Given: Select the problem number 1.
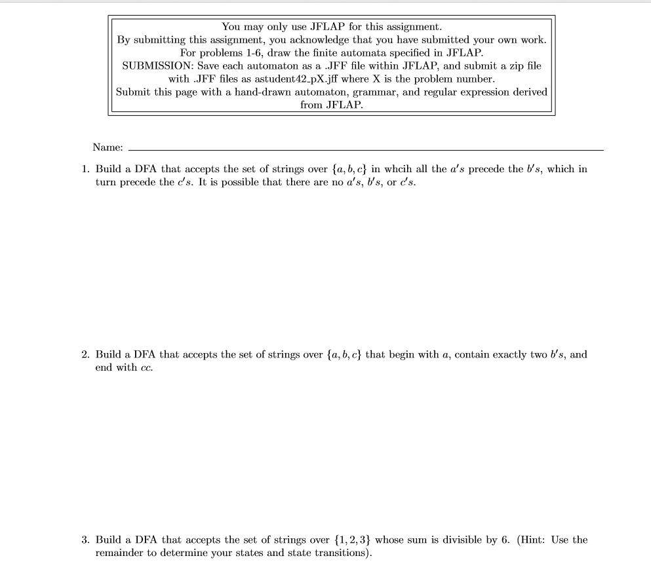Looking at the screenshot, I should point(85,169).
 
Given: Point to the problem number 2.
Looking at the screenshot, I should point(85,355).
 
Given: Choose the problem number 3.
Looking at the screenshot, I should point(85,540).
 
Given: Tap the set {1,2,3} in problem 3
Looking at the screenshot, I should point(352,540).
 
